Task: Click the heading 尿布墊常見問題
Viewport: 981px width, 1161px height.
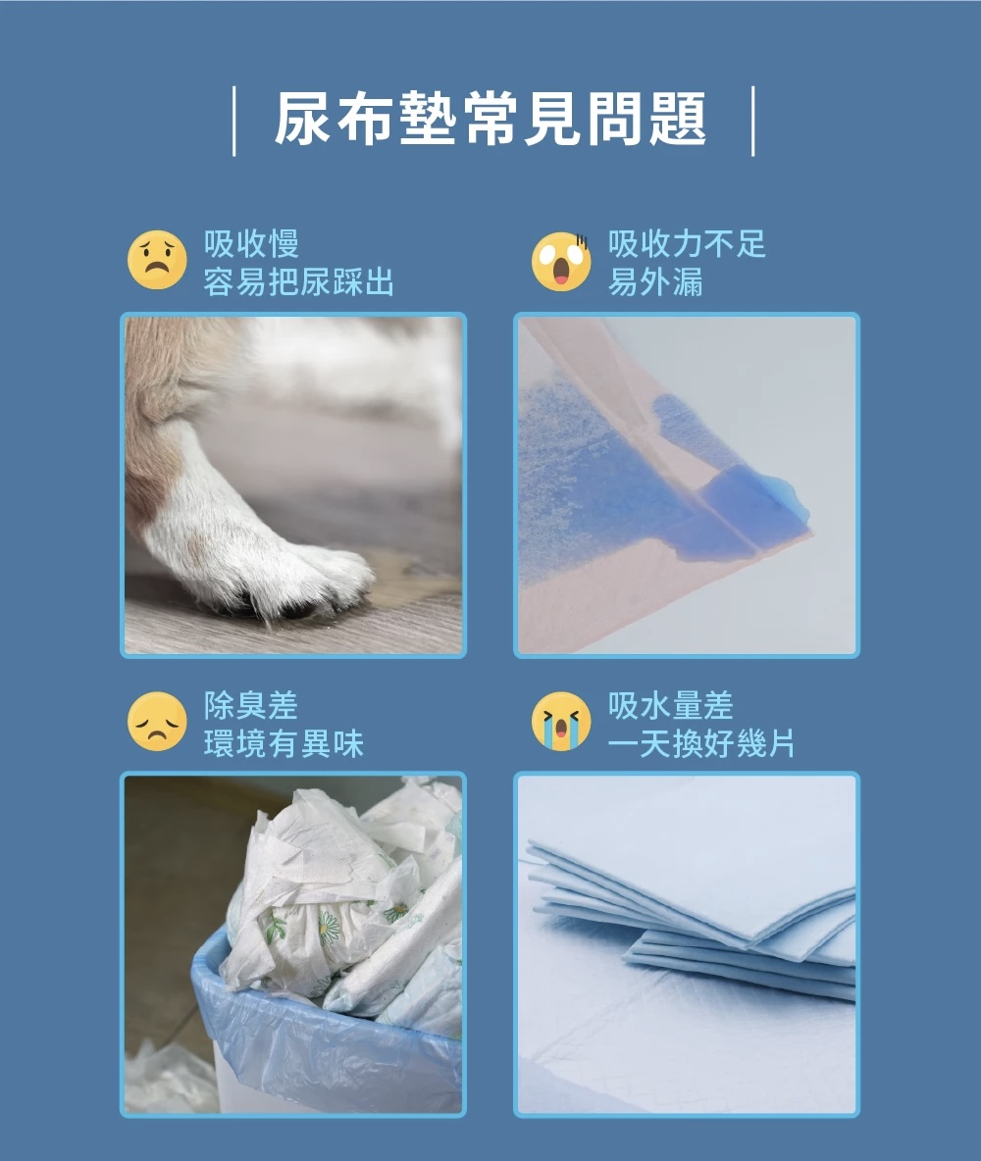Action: [490, 120]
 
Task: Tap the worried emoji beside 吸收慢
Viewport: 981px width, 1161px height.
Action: [157, 260]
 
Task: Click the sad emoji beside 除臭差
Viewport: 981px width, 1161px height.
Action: [157, 722]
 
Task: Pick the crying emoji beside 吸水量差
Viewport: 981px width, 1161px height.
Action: [562, 722]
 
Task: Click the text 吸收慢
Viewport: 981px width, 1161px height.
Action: [251, 243]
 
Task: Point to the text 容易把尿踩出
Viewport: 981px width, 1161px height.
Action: [298, 282]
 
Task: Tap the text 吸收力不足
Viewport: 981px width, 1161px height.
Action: [687, 243]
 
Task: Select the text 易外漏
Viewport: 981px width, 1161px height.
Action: [655, 282]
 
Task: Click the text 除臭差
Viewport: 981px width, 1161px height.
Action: [251, 705]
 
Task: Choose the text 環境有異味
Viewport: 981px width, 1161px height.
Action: [284, 743]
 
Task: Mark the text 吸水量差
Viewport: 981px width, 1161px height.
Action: [671, 705]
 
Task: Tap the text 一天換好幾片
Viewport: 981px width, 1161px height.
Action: [701, 743]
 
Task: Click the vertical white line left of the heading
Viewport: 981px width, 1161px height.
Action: [234, 122]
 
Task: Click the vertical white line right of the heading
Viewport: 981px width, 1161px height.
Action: [752, 122]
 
